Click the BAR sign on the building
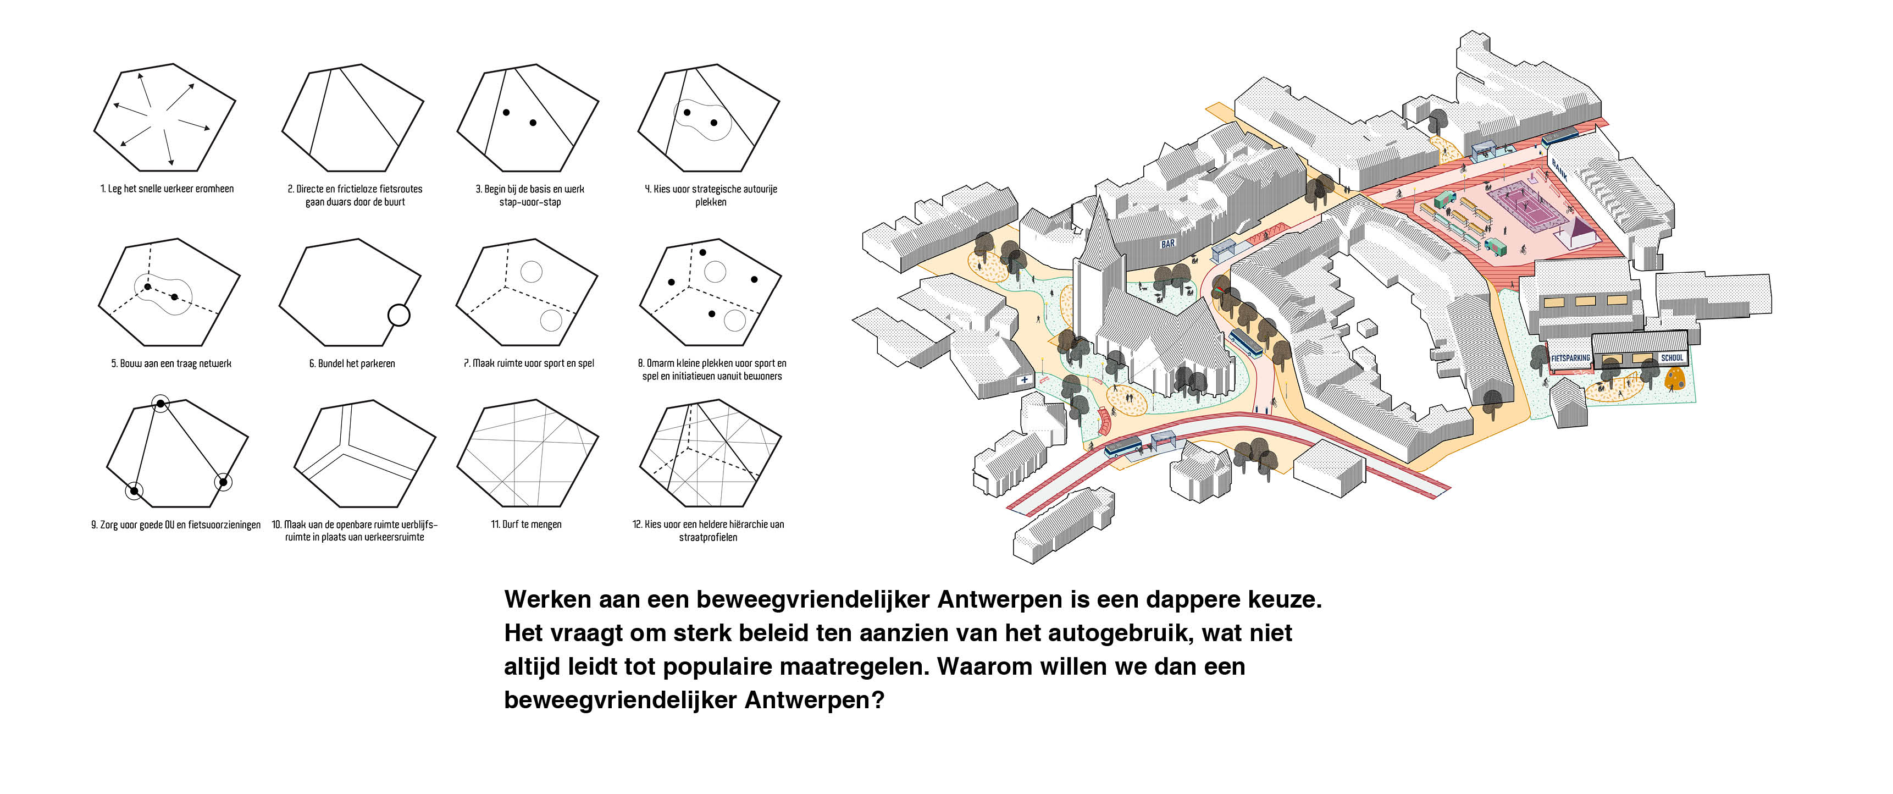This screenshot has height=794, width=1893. pos(1167,244)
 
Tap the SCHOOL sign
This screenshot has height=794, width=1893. pos(1672,358)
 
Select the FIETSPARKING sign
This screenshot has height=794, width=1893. pos(1570,359)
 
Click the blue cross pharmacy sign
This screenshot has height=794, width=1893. pos(1025,380)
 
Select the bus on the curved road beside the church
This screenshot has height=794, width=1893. pos(1246,343)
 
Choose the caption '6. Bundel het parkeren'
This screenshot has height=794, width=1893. pos(352,363)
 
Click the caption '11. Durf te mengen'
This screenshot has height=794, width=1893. pos(526,524)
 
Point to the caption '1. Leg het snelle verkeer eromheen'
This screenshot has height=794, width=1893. pos(167,189)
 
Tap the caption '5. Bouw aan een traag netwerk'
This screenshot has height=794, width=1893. pos(171,363)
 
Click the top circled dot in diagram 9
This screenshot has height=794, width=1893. pos(160,403)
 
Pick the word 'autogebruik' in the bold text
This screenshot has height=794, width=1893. pos(1099,633)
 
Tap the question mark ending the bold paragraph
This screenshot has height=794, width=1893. pos(877,700)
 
